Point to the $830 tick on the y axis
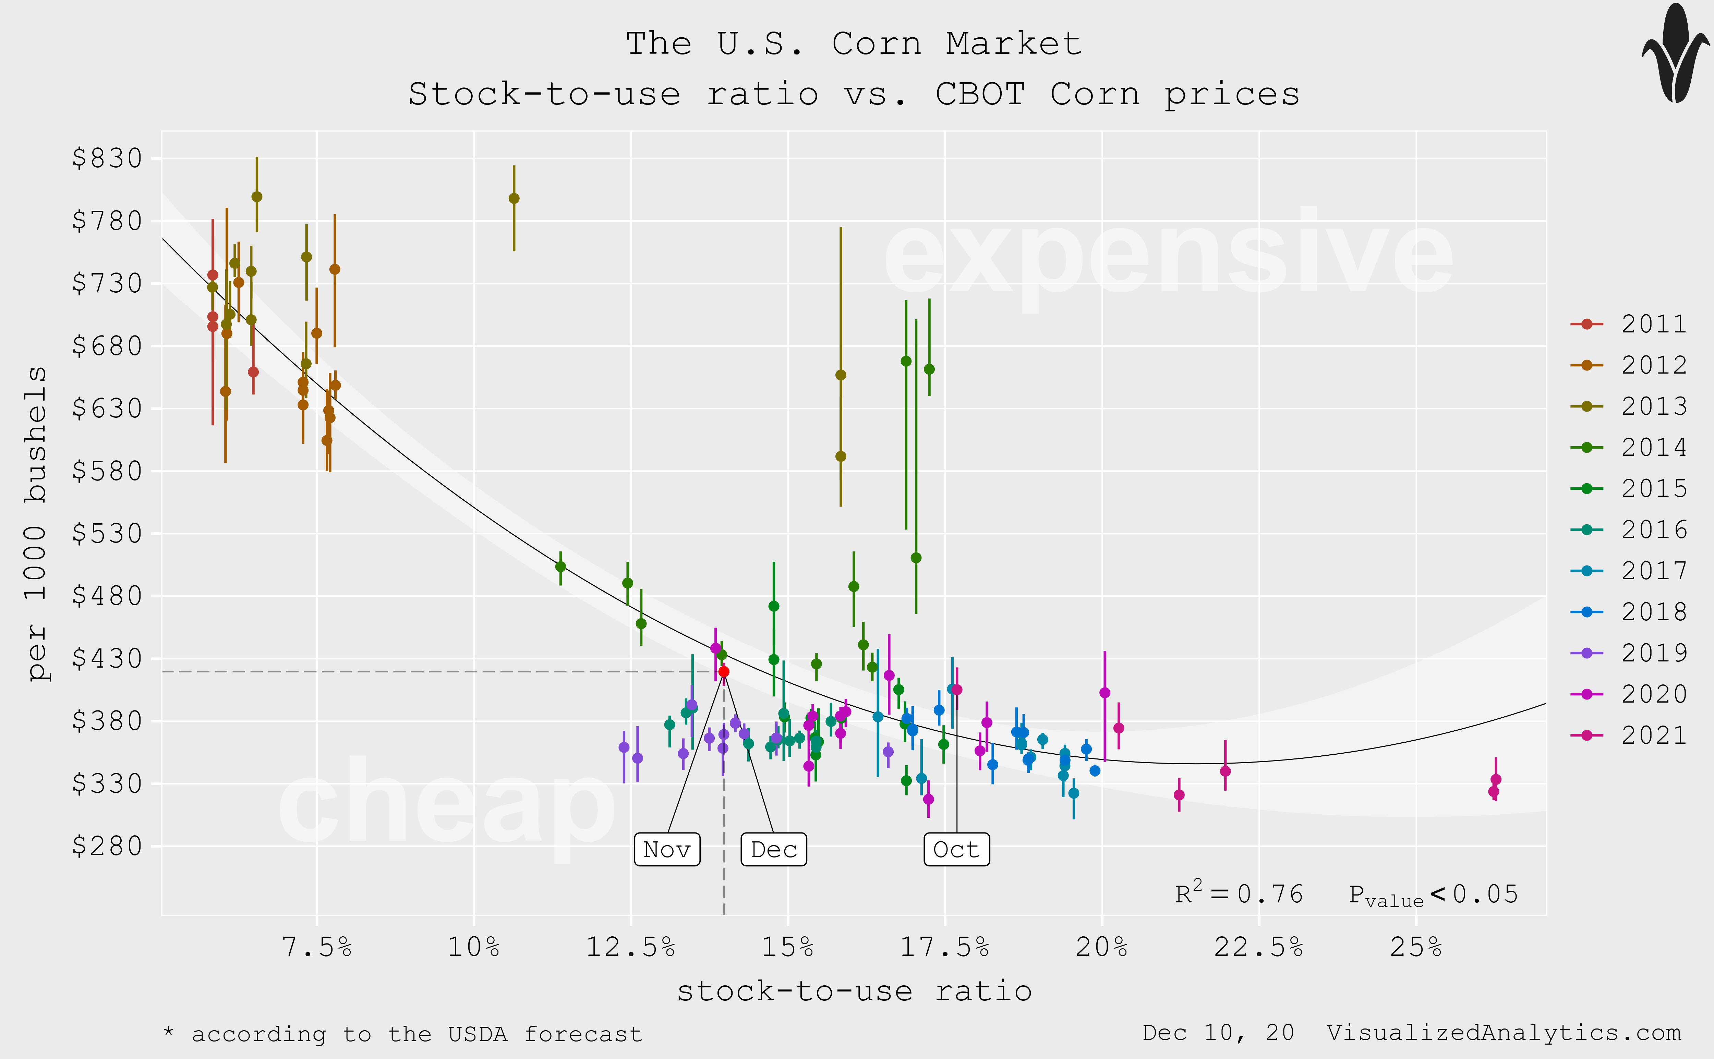point(107,158)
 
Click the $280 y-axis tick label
point(107,846)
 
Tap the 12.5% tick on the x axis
point(630,947)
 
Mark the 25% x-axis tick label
point(1416,947)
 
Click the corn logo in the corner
point(1676,54)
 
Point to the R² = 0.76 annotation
point(1239,894)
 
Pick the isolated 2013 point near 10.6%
point(514,198)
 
